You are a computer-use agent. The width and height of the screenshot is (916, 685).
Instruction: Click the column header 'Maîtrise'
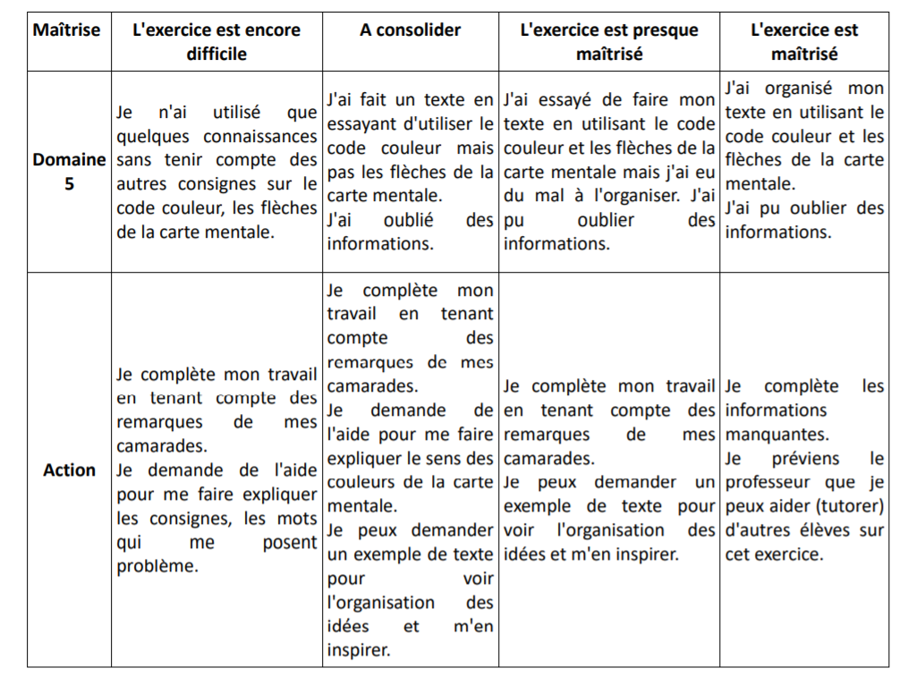click(x=67, y=30)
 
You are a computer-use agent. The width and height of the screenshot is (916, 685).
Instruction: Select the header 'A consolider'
click(x=410, y=30)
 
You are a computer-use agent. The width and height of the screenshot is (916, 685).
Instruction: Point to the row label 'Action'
click(x=69, y=470)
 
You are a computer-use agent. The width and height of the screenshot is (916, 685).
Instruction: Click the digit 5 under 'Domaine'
click(x=69, y=185)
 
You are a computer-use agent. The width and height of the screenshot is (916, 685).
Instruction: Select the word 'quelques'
click(x=154, y=137)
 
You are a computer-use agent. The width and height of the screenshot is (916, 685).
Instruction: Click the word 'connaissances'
click(x=260, y=137)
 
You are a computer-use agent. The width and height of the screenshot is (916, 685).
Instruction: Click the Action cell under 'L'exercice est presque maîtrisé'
click(x=609, y=470)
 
